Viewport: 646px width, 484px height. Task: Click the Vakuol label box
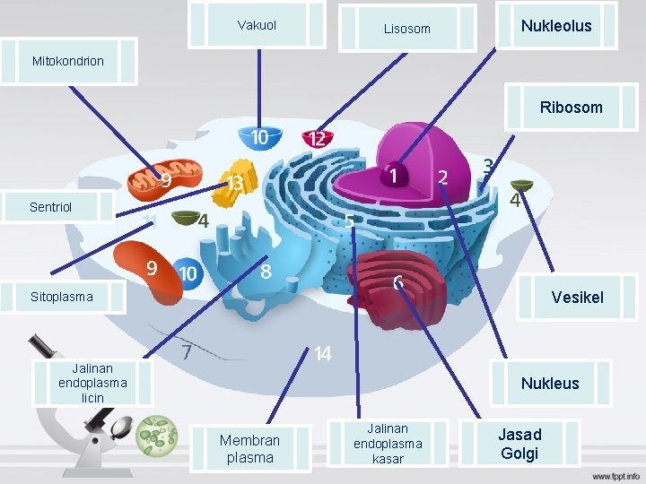[x=258, y=25]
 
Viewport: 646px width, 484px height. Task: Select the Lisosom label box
[x=407, y=29]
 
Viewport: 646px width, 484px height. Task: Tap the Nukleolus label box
[x=556, y=25]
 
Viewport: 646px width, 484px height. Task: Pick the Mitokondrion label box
[x=68, y=61]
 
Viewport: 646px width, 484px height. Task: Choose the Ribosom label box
[x=571, y=108]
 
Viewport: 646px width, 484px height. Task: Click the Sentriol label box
[x=59, y=207]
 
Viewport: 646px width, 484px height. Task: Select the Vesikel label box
[x=577, y=297]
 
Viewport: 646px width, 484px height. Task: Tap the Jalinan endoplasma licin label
[x=92, y=383]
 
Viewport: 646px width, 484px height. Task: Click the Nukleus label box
[x=550, y=383]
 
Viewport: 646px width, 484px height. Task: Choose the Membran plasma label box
[x=249, y=448]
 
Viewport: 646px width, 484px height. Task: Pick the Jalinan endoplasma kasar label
[x=388, y=444]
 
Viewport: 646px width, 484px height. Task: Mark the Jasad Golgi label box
[x=519, y=444]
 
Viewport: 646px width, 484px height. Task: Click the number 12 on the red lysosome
[x=316, y=139]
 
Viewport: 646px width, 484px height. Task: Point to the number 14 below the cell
[x=323, y=354]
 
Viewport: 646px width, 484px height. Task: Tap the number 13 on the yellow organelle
[x=235, y=183]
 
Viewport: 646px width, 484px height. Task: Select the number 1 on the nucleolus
[x=393, y=176]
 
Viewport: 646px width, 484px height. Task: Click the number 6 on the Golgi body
[x=397, y=283]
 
